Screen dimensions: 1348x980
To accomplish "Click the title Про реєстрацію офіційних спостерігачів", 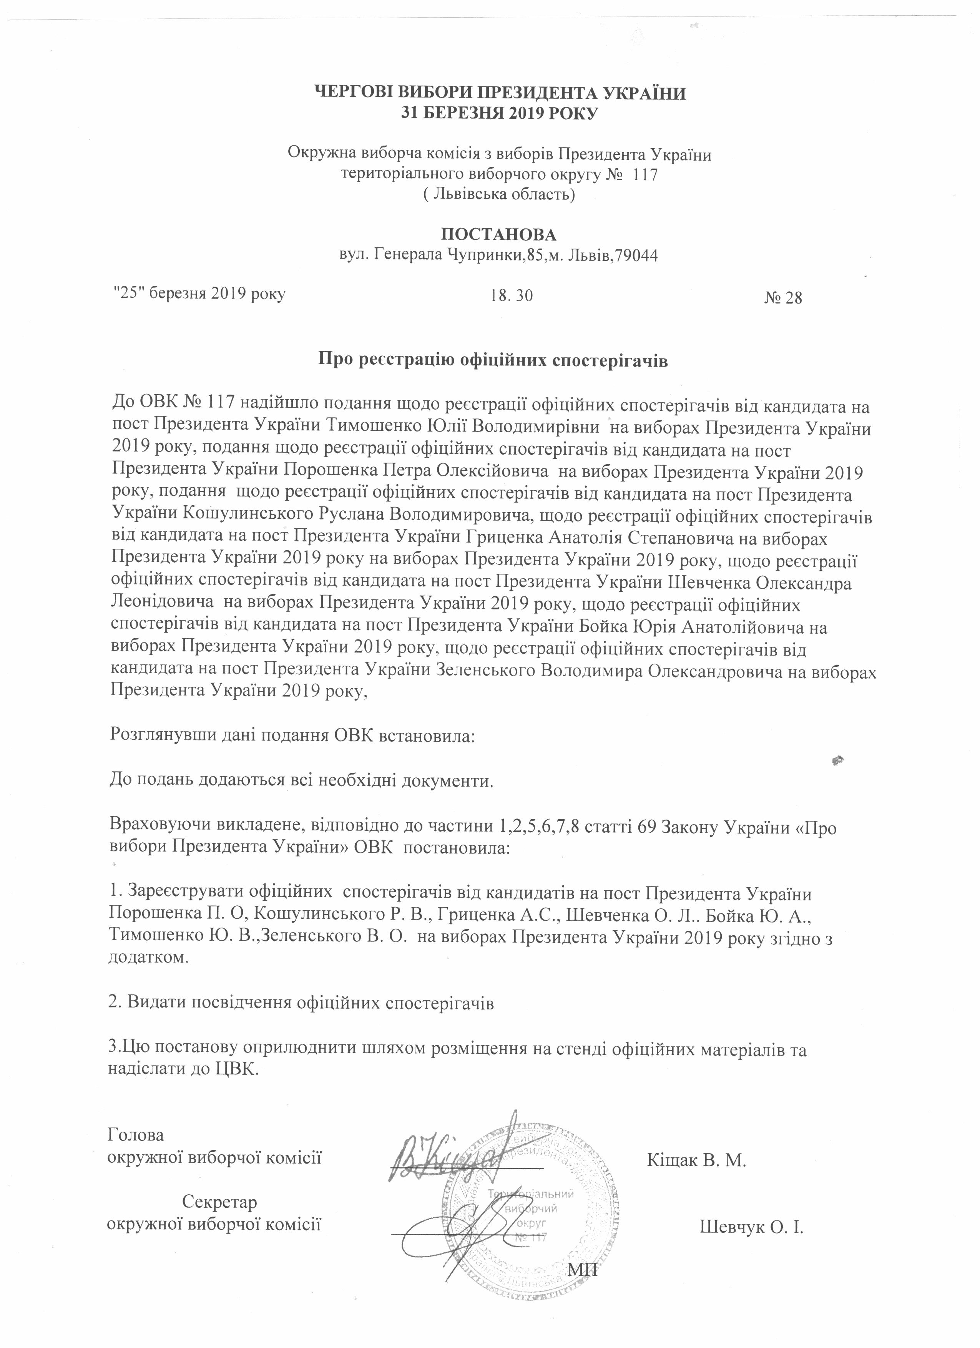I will [493, 361].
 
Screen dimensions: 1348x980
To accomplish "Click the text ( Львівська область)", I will [498, 194].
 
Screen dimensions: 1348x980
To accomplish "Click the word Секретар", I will [219, 1202].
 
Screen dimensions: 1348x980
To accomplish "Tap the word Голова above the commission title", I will [136, 1135].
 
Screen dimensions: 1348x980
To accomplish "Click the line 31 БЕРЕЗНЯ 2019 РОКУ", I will [499, 113].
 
